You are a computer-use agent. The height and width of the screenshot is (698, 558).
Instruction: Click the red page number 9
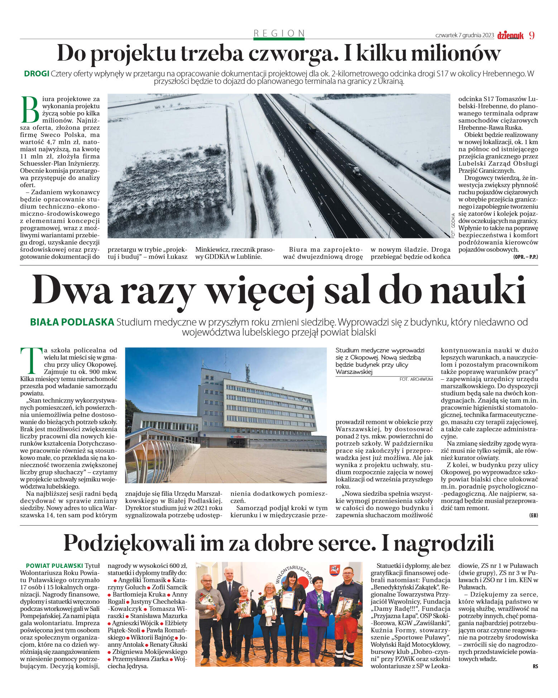[531, 35]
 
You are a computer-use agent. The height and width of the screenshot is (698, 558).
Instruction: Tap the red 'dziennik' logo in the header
[510, 35]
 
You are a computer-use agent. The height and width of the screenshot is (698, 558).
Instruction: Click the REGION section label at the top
[279, 33]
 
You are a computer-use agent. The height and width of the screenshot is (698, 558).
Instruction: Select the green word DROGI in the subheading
[37, 74]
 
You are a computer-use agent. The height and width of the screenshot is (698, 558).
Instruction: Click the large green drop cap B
[30, 110]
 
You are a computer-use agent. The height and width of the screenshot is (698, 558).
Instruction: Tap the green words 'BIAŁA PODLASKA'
[72, 322]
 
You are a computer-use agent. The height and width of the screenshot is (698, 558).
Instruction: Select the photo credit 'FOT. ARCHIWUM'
[416, 379]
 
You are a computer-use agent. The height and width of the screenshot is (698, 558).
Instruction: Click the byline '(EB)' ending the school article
[533, 515]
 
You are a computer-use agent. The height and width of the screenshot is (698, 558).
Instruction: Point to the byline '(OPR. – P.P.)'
[525, 257]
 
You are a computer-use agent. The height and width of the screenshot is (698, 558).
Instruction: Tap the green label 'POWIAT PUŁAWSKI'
[54, 566]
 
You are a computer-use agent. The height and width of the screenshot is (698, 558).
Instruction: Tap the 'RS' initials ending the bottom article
[535, 666]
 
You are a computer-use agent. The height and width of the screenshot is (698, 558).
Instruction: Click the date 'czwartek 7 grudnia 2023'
[465, 35]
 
